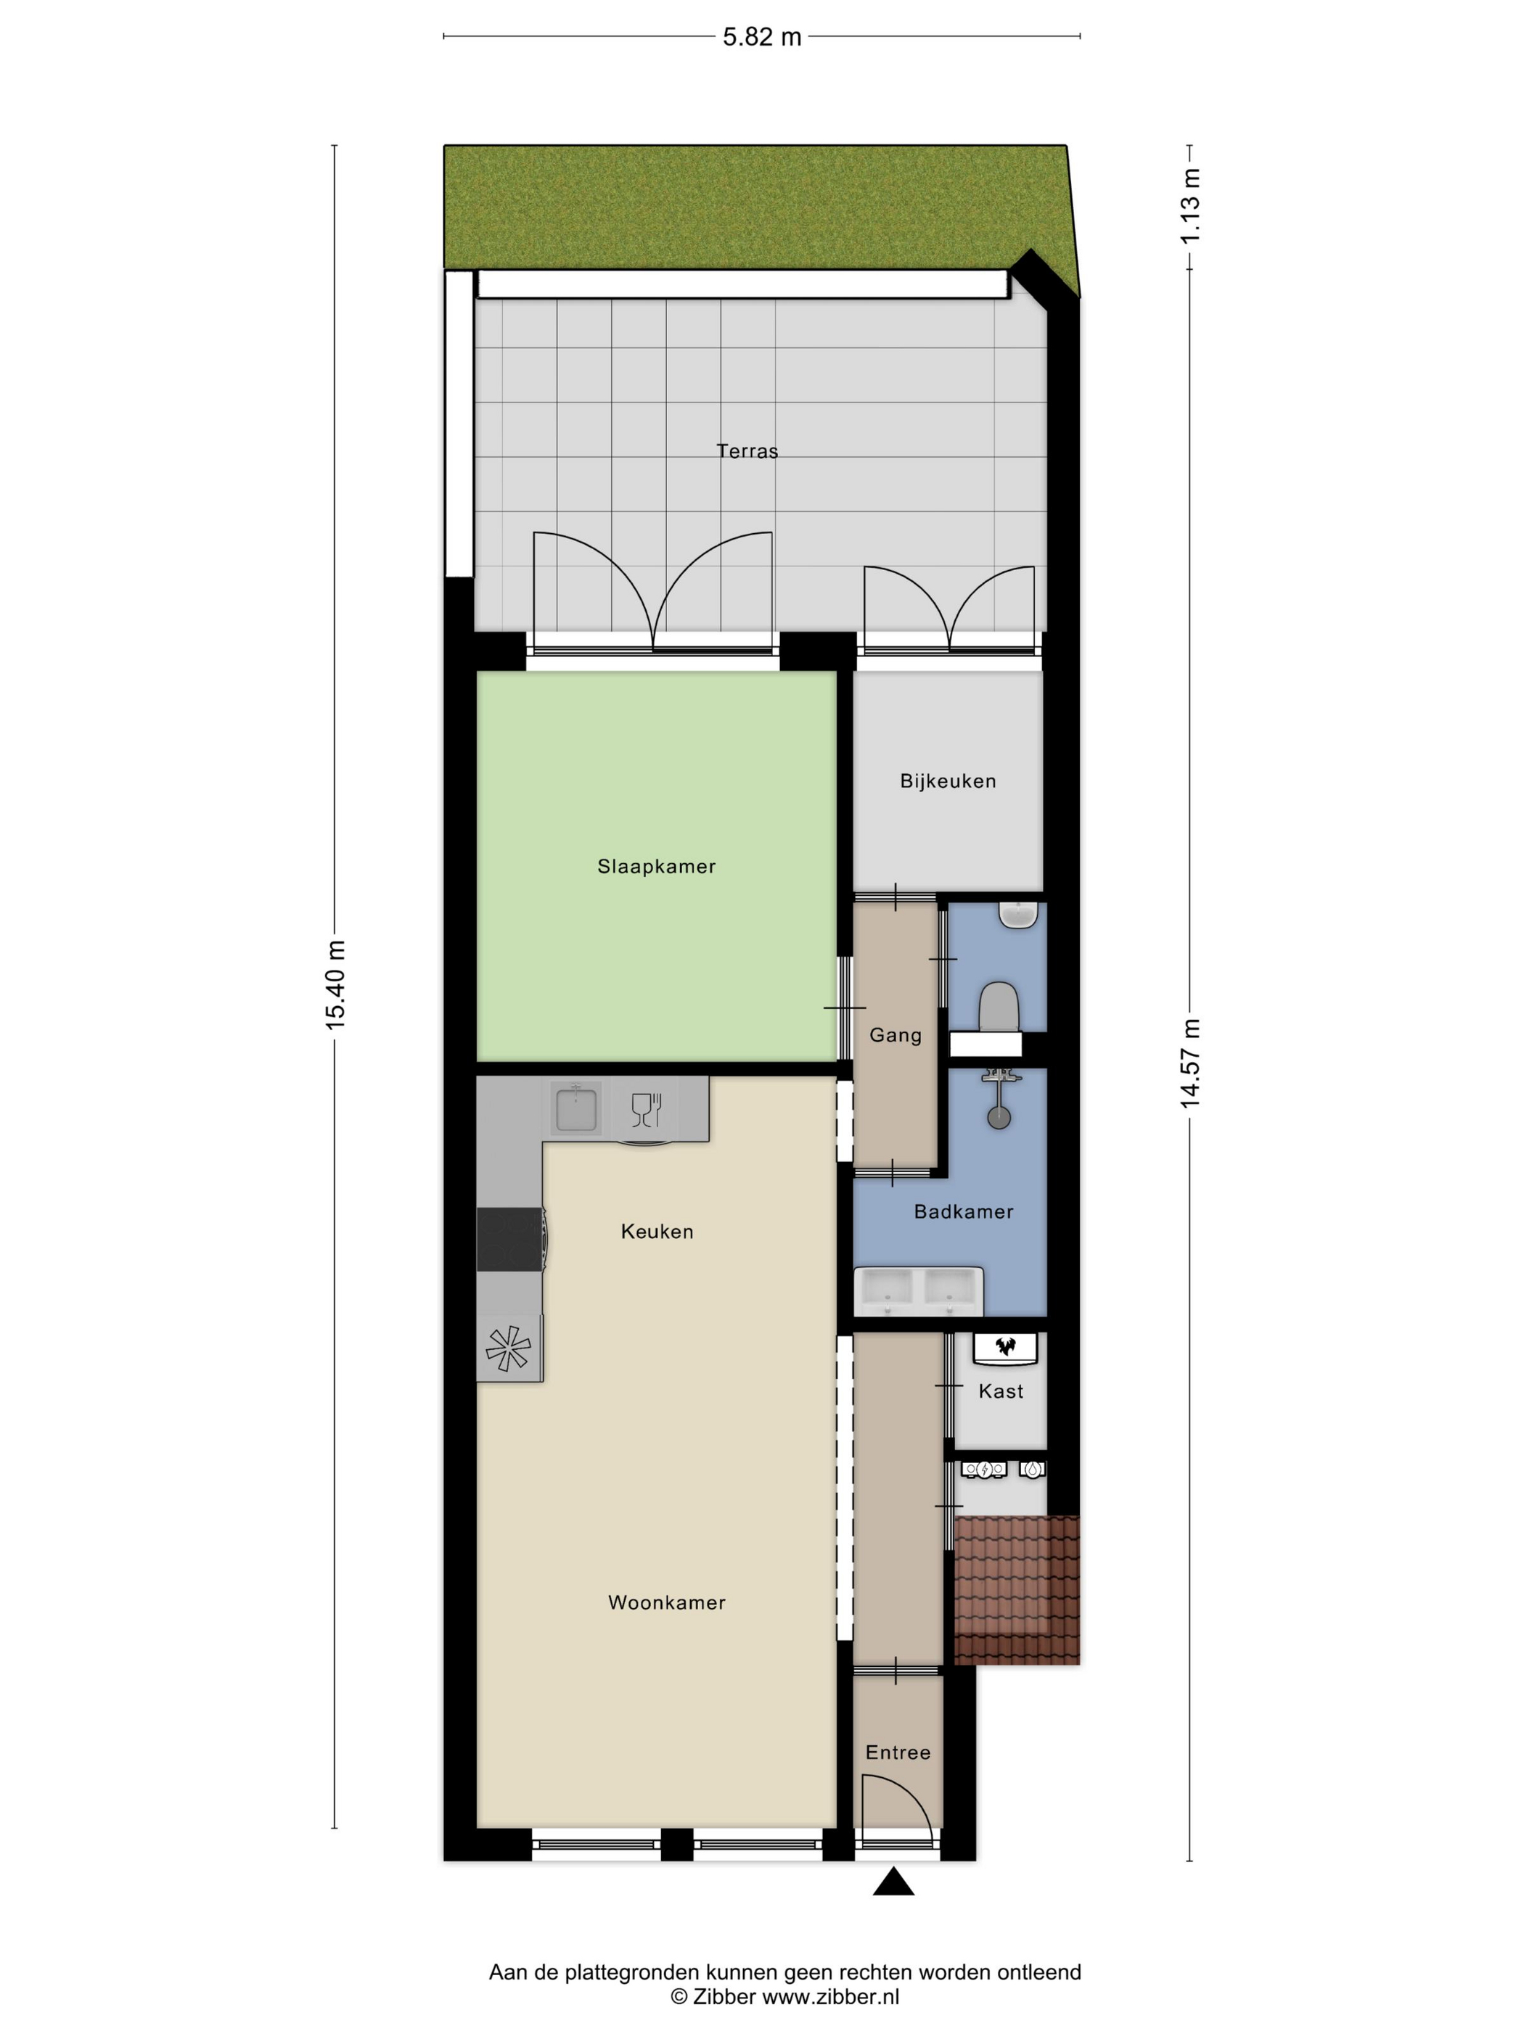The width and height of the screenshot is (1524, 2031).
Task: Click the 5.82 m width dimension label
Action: [x=761, y=37]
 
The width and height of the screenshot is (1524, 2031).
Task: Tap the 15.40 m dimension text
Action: [x=336, y=984]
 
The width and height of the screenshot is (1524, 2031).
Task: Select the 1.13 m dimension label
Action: [x=1191, y=207]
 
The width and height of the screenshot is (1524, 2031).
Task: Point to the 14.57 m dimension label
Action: [x=1191, y=1063]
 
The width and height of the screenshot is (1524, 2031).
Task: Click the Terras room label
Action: [x=747, y=451]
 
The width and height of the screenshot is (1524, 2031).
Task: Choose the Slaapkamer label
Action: [x=656, y=866]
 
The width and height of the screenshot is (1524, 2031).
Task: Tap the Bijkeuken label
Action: [x=948, y=780]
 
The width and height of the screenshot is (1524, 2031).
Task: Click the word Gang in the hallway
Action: [x=896, y=1035]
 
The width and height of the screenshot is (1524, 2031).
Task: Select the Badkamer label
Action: [x=964, y=1211]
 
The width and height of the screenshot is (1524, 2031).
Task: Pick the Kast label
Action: [x=1000, y=1391]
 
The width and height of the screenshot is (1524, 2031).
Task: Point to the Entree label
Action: [x=898, y=1752]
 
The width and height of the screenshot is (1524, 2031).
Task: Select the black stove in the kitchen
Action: [x=511, y=1240]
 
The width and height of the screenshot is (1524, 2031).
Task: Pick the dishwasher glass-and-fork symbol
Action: [x=647, y=1109]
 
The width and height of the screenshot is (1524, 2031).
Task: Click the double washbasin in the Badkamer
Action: [x=919, y=1292]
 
